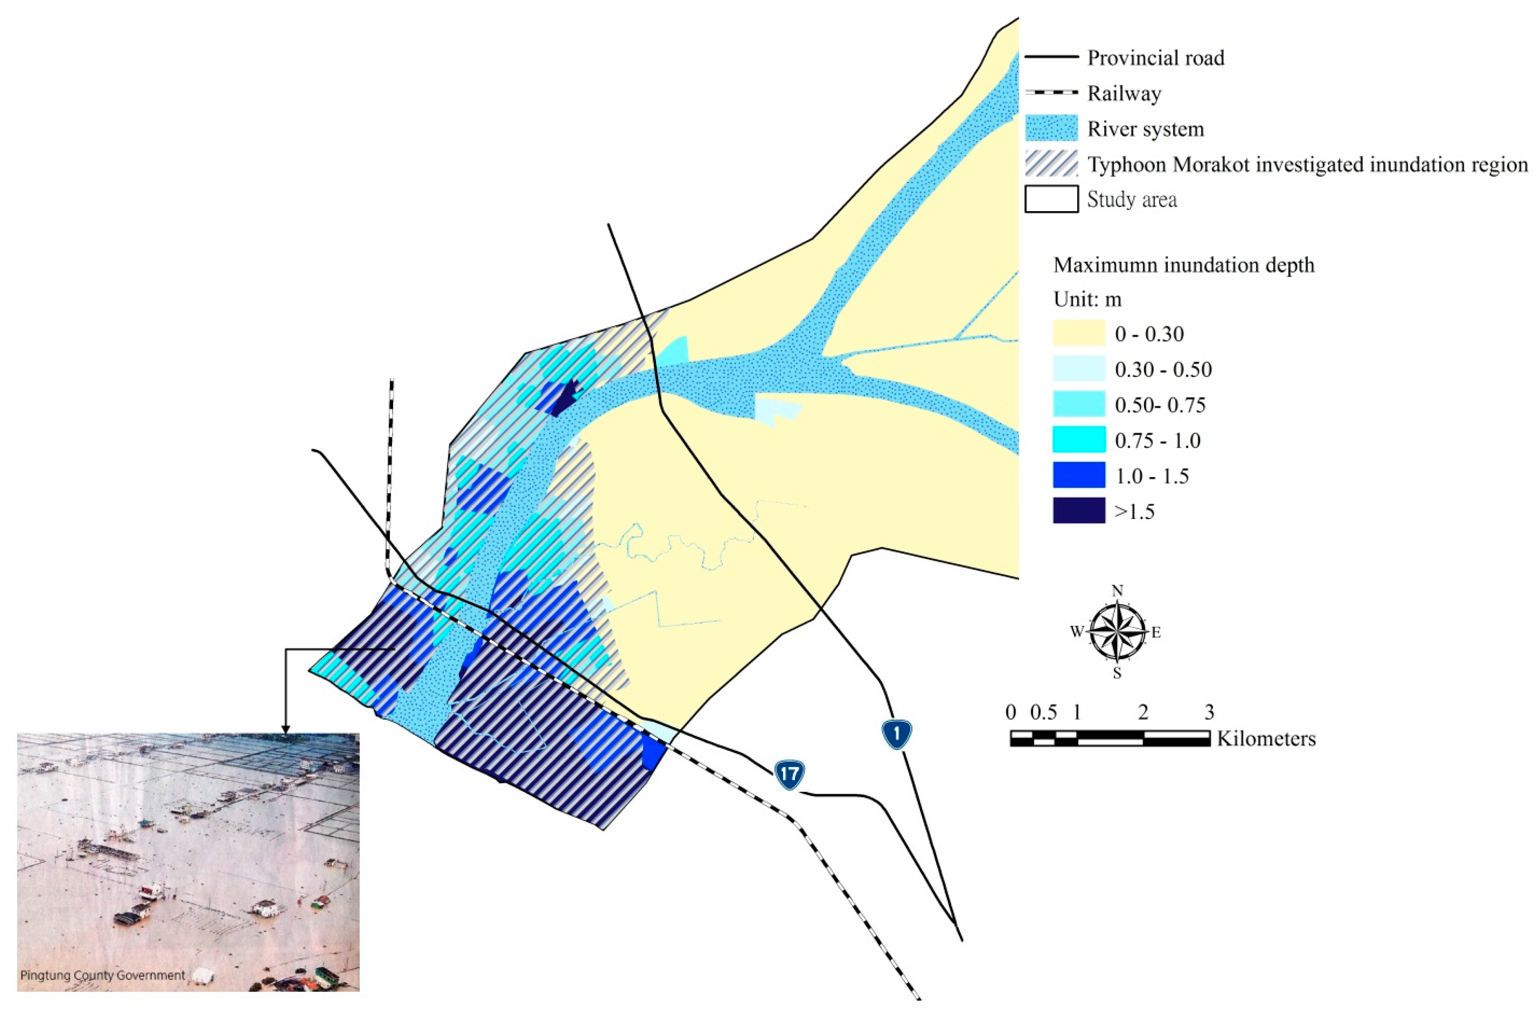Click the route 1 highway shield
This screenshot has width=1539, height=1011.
point(897,734)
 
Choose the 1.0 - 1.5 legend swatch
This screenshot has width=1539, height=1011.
point(1079,475)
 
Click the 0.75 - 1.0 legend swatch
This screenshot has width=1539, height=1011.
point(1079,440)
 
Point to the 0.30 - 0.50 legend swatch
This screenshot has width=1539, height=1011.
point(1079,369)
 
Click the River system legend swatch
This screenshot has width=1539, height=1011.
point(1051,128)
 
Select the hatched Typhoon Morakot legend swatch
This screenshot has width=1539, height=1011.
point(1051,164)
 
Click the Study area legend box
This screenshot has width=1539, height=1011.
point(1051,199)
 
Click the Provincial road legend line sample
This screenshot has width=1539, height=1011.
point(1051,57)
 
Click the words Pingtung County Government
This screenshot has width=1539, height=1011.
point(103,975)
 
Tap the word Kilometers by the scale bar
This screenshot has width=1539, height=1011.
point(1266,738)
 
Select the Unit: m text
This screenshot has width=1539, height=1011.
point(1088,299)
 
